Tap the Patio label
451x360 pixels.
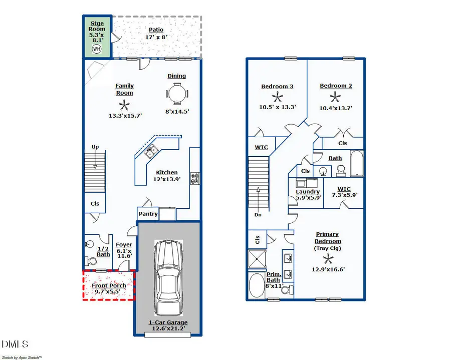point(156,30)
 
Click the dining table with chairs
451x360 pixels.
point(177,94)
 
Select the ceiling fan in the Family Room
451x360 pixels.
point(124,105)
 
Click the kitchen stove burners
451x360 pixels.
point(194,178)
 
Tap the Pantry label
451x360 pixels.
point(148,214)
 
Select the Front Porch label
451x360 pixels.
point(108,285)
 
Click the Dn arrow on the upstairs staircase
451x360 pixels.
point(259,200)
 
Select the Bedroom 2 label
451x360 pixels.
point(336,86)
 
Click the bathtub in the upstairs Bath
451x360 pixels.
point(356,163)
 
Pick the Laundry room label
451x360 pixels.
point(308,192)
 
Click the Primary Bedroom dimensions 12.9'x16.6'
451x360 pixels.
point(328,269)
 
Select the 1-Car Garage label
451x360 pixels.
point(167,322)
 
